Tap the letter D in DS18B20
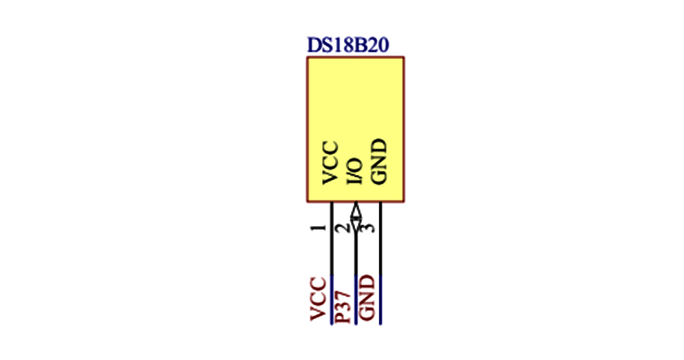(x=313, y=45)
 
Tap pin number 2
(x=343, y=228)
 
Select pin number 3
(x=368, y=228)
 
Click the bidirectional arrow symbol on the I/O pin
(x=355, y=215)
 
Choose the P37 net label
(x=343, y=307)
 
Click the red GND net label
(x=368, y=298)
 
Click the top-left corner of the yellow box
(x=307, y=58)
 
